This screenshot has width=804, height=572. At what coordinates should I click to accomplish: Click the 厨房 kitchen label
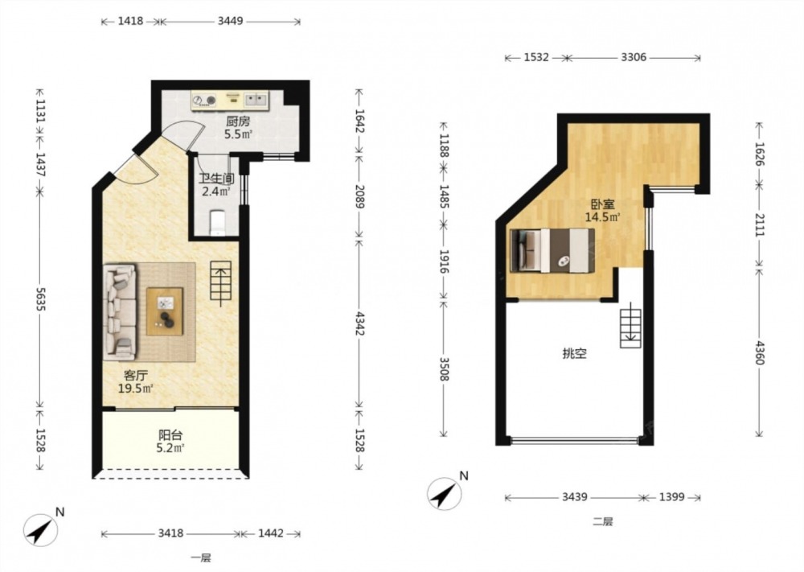[238, 121]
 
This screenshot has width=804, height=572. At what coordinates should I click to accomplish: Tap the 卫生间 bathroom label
[217, 179]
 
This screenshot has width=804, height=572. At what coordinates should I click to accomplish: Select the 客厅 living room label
[135, 376]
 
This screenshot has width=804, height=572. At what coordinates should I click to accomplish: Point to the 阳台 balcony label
[170, 435]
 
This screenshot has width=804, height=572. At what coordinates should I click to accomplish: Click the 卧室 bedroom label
[602, 204]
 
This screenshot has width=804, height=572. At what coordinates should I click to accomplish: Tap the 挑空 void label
[574, 353]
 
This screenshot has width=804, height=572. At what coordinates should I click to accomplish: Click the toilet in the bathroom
[218, 222]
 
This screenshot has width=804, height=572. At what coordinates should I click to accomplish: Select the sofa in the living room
[120, 311]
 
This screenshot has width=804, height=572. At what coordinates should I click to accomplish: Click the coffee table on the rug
[165, 311]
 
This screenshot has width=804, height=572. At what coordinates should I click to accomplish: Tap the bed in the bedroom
[553, 250]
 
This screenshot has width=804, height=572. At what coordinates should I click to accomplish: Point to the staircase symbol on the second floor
[630, 327]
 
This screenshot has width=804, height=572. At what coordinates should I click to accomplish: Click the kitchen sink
[255, 100]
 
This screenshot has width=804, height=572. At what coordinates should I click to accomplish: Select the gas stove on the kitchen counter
[204, 100]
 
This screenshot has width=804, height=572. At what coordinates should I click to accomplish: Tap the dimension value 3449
[230, 21]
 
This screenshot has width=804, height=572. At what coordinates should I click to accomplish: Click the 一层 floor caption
[200, 558]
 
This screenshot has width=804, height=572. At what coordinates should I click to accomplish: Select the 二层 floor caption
[602, 522]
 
